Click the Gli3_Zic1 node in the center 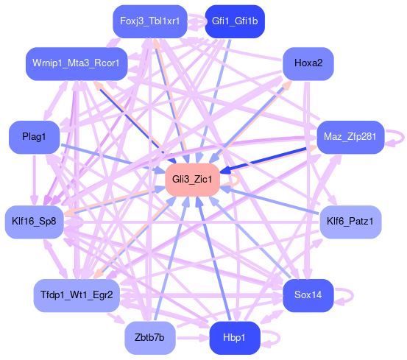point(192,180)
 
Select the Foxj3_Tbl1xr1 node point(150,21)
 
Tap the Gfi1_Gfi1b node point(235,21)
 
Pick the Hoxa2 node point(308,63)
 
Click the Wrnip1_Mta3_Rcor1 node point(77,63)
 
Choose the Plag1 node point(35,137)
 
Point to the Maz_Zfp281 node point(350,137)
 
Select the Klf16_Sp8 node point(35,222)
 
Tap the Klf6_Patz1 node point(350,222)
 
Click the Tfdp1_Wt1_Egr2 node point(77,295)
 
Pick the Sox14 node point(308,295)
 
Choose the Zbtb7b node point(150,338)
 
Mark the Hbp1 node point(235,338)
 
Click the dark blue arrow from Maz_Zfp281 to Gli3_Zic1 point(263,160)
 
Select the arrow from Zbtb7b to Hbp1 point(192,338)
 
